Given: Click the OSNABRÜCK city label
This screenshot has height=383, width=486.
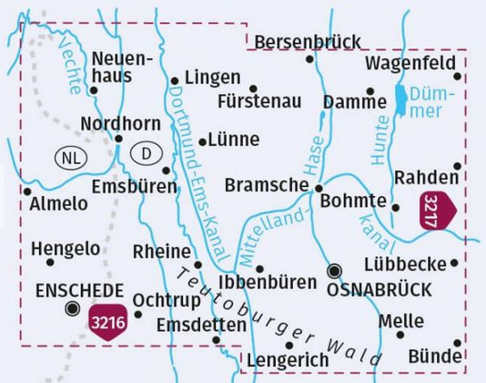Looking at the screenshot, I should click(x=387, y=289).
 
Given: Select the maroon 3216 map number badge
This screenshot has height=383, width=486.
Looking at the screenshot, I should click(x=108, y=321).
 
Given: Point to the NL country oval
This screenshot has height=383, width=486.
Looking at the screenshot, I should click(x=69, y=154).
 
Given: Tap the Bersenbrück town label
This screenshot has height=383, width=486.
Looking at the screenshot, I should click(x=308, y=42).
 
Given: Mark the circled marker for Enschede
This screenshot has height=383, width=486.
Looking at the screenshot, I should click(x=72, y=308).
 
